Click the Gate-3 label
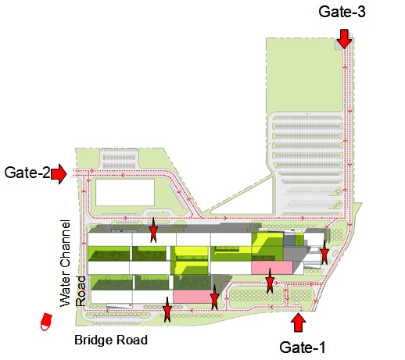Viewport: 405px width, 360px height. (342, 12)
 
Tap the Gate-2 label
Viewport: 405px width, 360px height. (27, 173)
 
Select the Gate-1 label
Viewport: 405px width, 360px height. (303, 348)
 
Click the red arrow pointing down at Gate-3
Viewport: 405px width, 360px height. (344, 39)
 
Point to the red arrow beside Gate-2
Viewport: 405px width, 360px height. (59, 173)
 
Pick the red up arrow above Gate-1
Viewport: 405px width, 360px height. (298, 323)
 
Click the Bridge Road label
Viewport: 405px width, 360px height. (111, 340)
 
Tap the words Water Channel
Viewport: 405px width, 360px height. (65, 263)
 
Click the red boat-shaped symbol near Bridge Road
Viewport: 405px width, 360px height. (46, 322)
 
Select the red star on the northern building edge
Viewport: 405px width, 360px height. (153, 230)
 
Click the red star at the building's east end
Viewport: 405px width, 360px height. (324, 252)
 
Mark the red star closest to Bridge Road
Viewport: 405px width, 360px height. (167, 310)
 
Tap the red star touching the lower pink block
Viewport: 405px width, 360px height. (214, 298)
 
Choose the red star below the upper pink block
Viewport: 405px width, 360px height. (270, 280)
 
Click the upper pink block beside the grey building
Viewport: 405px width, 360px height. (272, 268)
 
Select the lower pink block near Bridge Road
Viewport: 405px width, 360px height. (193, 297)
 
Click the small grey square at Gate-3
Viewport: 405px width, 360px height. (338, 45)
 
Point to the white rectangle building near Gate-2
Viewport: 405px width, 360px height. (125, 192)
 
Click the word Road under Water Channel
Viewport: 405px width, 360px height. (81, 291)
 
